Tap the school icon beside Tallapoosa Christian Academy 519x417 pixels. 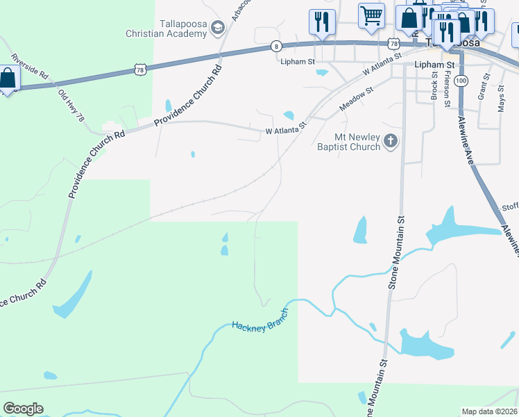coord(218,28)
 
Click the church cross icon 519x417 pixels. coord(391,142)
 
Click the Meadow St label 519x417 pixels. coord(356,99)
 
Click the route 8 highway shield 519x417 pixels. coord(277,46)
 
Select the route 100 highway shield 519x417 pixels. coord(461,81)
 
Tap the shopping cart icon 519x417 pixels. coord(371,15)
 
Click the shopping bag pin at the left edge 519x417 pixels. coord(7,79)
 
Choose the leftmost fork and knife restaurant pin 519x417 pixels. coord(321,21)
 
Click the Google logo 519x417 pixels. coord(23,409)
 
